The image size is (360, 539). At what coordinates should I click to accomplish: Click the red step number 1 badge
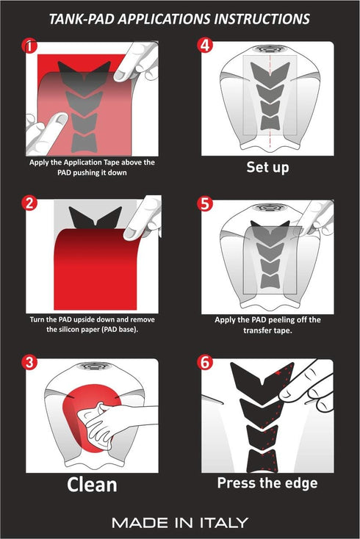30,46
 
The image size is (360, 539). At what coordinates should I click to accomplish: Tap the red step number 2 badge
30,203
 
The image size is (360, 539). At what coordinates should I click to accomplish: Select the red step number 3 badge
30,362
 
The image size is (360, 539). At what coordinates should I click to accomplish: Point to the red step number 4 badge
205,45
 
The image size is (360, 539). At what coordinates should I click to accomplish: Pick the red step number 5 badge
205,203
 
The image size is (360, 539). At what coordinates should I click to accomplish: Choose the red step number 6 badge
205,362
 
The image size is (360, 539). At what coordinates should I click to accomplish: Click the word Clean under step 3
92,485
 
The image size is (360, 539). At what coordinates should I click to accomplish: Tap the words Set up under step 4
267,167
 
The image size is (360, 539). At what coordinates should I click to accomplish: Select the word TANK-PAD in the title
81,19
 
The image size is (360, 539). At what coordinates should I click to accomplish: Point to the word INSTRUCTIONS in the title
262,19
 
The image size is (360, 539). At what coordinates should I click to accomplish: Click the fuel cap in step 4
270,48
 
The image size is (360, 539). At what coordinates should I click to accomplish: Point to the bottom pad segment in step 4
270,123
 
